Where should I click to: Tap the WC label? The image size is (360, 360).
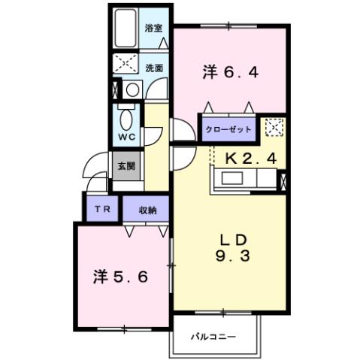126,138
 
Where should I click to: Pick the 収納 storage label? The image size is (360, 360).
147,210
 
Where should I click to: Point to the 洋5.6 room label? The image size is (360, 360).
126,277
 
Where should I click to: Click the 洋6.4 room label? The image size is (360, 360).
230,72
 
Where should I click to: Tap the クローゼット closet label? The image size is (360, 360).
228,129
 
